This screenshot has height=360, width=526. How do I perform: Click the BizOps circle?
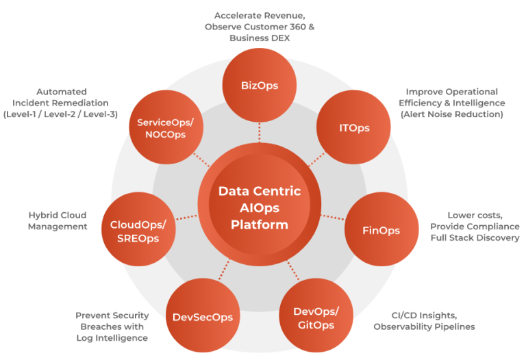click(x=260, y=86)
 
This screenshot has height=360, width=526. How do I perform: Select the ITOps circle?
click(x=354, y=127)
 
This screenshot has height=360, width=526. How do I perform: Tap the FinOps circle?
click(x=381, y=230)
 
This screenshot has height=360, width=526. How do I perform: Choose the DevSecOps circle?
click(x=203, y=317)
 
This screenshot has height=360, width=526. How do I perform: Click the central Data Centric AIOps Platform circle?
click(x=260, y=205)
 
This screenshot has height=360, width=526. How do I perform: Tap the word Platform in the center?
click(x=260, y=224)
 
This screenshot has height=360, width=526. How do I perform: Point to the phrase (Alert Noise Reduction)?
click(x=453, y=114)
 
